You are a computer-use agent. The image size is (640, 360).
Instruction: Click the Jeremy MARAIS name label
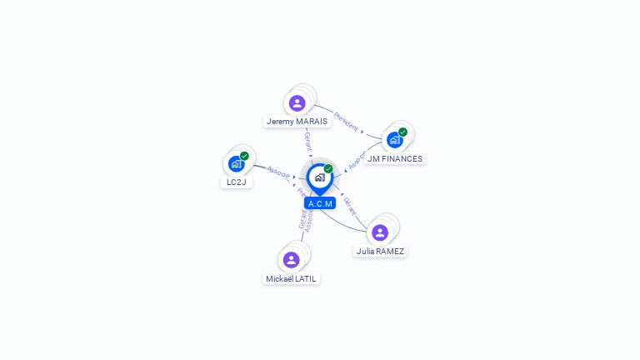coord(297,122)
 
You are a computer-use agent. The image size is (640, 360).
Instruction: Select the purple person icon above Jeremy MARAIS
coord(297,103)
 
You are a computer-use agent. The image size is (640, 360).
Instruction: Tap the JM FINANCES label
coord(395,158)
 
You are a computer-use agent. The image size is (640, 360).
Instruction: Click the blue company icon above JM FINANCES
coord(395,140)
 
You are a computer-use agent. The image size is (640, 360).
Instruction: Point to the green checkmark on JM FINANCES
coord(402,132)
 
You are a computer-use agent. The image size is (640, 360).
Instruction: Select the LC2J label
coord(237,182)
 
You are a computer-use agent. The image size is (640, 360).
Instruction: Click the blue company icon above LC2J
coord(237,163)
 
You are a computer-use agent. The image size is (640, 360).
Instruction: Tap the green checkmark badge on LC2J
coord(244,156)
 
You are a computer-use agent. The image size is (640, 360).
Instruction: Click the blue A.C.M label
coord(320,203)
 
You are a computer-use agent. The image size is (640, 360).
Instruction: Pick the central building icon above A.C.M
coord(319,177)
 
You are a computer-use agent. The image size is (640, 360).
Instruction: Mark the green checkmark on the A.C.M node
coord(328,168)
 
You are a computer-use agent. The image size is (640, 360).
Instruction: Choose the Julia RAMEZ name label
coord(380,251)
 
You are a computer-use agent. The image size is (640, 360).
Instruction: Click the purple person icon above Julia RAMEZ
coord(380,232)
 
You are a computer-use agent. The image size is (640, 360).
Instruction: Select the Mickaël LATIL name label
coord(292,278)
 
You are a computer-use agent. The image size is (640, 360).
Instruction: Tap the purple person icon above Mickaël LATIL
coord(291,260)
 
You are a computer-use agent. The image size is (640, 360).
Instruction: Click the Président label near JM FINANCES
coord(346,122)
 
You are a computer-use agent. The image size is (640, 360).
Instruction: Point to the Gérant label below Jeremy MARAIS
coord(308,141)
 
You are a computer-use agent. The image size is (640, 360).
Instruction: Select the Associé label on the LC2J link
coord(278,174)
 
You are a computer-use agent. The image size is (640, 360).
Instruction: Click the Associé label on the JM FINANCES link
coord(357,160)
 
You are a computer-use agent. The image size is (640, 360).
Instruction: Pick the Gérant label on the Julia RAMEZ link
coord(350,207)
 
